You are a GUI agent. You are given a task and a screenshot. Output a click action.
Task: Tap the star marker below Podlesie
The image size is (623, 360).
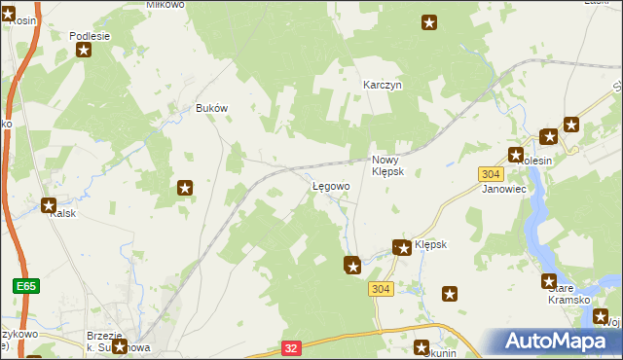[85, 51]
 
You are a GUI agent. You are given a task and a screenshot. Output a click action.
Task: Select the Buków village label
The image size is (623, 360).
[211, 108]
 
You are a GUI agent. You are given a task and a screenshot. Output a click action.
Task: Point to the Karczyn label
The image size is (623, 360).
[383, 85]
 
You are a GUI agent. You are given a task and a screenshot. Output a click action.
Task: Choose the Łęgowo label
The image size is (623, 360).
[331, 186]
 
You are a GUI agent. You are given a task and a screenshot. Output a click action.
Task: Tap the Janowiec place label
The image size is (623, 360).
[504, 189]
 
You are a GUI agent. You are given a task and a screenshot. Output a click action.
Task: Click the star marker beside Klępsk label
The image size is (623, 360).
[401, 248]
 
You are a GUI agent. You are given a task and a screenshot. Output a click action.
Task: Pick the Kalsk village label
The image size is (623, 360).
[63, 213]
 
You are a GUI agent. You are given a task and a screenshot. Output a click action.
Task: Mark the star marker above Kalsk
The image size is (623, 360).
[49, 204]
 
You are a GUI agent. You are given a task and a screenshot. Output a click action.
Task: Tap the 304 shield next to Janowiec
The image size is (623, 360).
[491, 173]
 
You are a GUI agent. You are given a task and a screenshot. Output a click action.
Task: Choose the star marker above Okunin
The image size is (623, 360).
[421, 347]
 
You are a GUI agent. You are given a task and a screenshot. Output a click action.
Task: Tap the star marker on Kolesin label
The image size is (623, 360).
[515, 155]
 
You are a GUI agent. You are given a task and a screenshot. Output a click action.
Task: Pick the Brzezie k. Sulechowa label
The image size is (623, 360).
[118, 340]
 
